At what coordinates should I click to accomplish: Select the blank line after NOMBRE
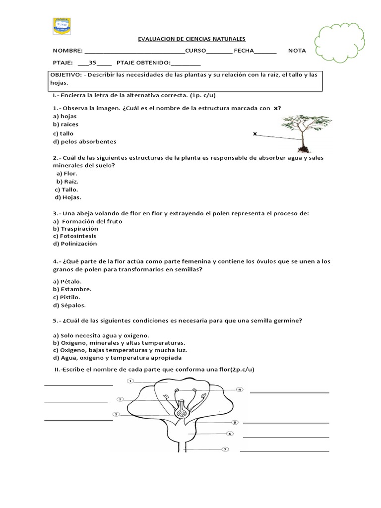(135, 52)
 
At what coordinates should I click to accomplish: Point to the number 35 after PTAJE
(92, 63)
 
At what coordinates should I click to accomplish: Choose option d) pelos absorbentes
(84, 141)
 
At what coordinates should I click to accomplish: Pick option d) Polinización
(75, 244)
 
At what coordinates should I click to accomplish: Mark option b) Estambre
(72, 289)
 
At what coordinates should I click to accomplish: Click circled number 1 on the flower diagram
(130, 381)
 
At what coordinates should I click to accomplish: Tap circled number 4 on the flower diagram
(240, 390)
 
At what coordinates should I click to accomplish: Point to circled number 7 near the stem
(225, 450)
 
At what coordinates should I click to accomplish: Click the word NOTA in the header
(297, 51)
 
